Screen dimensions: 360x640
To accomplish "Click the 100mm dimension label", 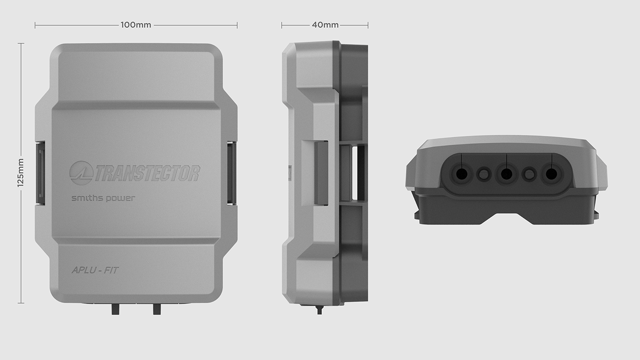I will click(136, 25).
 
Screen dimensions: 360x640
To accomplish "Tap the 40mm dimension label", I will click(325, 25).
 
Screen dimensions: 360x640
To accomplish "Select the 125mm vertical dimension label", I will click(21, 173).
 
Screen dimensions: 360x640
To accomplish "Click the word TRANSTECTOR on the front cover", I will click(147, 173).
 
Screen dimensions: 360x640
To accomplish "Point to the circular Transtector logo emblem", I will click(81, 173).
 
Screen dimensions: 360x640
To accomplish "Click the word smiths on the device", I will click(86, 199).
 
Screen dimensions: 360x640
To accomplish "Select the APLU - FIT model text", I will click(95, 270).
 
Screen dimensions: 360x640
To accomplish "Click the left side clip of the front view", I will click(40, 172).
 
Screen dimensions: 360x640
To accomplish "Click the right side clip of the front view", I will click(232, 172).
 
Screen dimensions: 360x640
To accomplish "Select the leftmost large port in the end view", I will click(461, 174).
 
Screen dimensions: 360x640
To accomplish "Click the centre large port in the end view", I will click(506, 174).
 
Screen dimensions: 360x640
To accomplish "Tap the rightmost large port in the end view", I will click(551, 174).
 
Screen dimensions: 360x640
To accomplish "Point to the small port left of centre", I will click(483, 174).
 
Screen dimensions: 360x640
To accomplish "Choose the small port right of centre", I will click(529, 174).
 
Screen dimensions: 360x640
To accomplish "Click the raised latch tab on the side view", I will click(321, 172).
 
